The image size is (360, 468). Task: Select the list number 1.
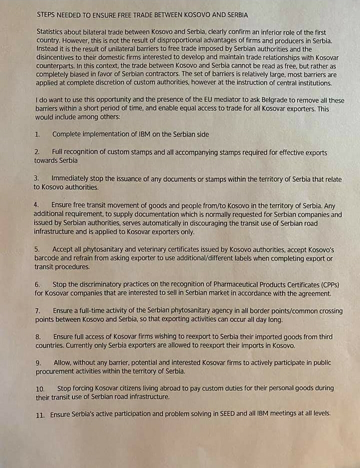click(37, 135)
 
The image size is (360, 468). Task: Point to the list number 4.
click(36, 205)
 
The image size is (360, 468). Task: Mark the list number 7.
click(38, 311)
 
